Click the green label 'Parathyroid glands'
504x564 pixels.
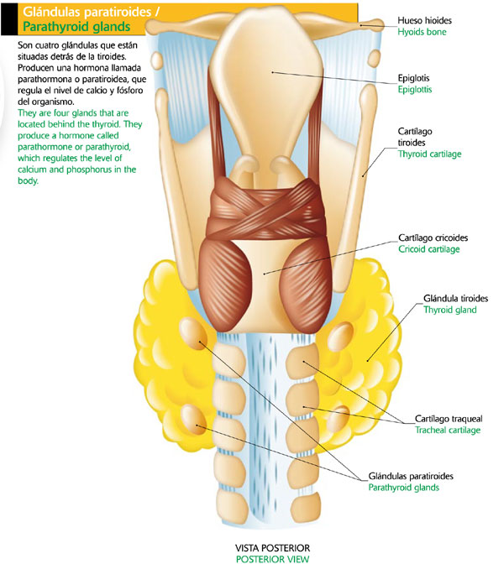(x=404, y=487)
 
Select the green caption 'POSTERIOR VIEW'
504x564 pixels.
(x=272, y=558)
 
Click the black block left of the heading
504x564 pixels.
(x=6, y=18)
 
